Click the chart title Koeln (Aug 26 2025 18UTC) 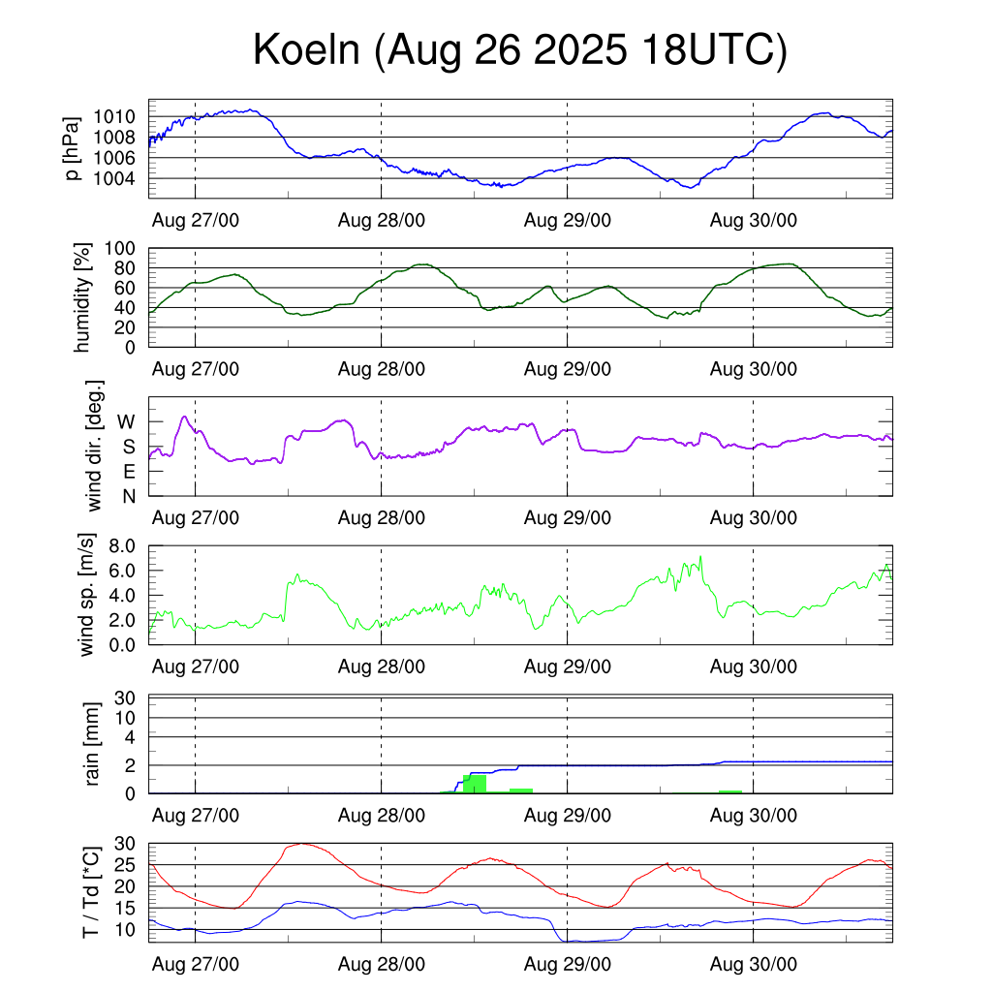[520, 50]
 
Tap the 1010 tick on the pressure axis [120, 116]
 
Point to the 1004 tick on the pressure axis [120, 178]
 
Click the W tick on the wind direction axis [126, 421]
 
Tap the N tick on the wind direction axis [128, 496]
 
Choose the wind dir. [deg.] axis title [94, 446]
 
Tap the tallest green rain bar [475, 783]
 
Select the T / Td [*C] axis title [91, 891]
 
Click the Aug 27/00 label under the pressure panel [196, 220]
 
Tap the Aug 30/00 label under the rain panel [754, 815]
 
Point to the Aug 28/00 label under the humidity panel [381, 368]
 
